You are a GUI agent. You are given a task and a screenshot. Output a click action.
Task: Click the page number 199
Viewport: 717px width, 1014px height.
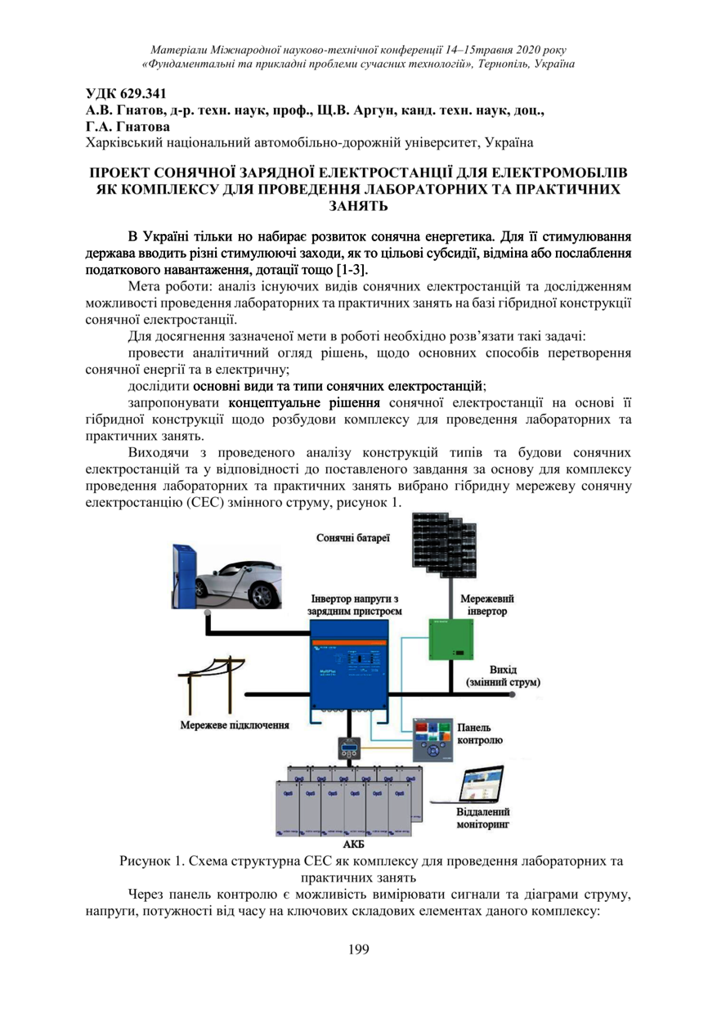(359, 949)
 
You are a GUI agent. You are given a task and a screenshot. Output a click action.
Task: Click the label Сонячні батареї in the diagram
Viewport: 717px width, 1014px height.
(352, 537)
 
